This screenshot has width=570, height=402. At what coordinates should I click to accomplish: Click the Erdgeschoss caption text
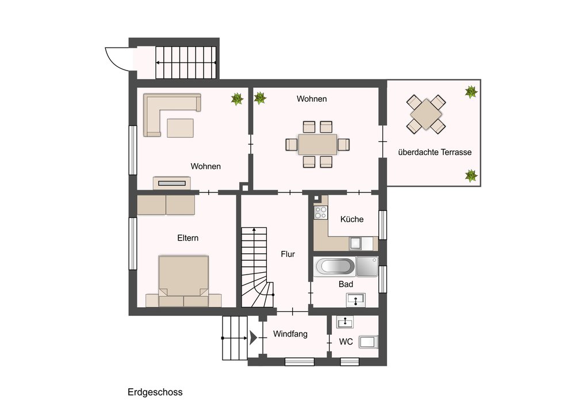(x=155, y=392)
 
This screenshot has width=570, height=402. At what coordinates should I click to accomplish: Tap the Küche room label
(x=352, y=219)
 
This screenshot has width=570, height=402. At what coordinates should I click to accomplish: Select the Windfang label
(x=290, y=334)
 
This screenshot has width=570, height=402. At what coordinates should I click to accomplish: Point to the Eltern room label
(x=188, y=238)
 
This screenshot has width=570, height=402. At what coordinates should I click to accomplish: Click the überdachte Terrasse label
(x=435, y=152)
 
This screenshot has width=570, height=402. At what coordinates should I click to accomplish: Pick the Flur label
(x=288, y=254)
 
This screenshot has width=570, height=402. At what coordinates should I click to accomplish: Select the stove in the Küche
(x=320, y=212)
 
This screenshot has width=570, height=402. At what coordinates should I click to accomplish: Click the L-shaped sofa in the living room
(x=152, y=115)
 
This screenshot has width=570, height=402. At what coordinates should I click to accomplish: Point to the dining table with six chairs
(x=317, y=144)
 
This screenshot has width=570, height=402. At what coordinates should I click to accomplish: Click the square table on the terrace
(x=426, y=114)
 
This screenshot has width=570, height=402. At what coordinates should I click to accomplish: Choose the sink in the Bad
(x=356, y=300)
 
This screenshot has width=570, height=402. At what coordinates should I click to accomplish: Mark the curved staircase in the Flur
(x=257, y=268)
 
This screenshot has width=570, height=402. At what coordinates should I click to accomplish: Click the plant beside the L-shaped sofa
(x=238, y=99)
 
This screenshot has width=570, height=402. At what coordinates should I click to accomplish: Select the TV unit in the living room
(x=171, y=183)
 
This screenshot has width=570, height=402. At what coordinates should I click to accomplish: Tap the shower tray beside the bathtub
(x=367, y=267)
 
